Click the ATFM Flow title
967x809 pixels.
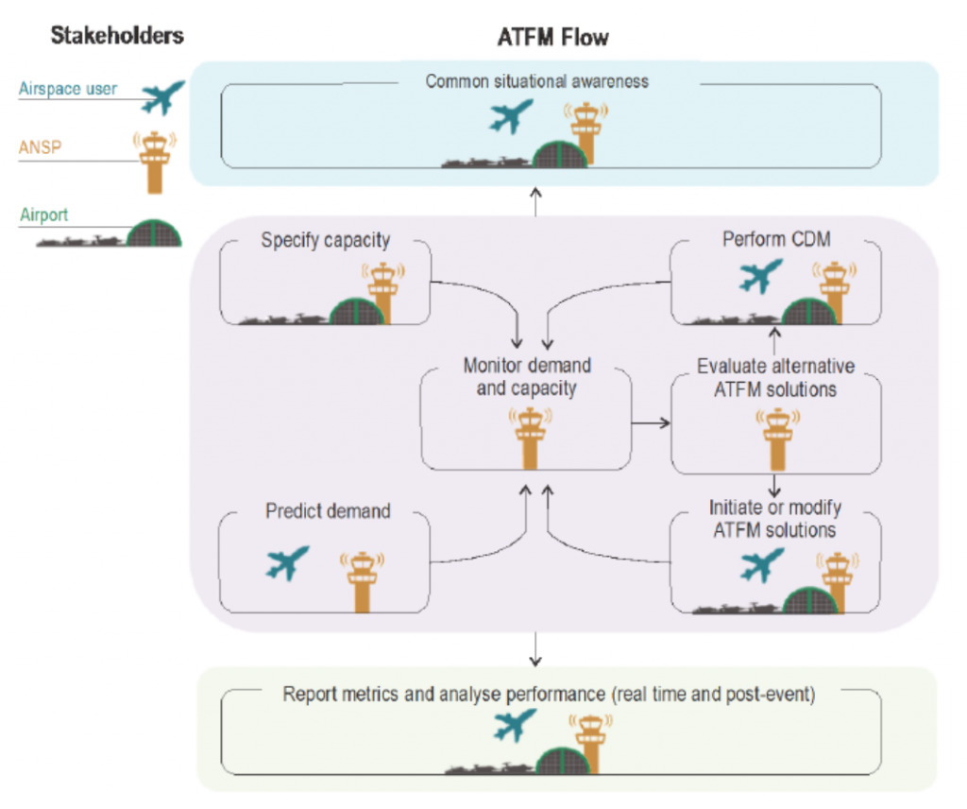[552, 38]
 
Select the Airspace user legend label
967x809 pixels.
[68, 89]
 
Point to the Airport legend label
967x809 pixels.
[44, 215]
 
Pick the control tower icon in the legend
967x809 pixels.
[154, 163]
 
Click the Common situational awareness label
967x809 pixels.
[536, 81]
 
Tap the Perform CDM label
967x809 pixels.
[776, 240]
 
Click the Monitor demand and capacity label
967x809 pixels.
[527, 375]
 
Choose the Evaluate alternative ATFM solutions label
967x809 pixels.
[776, 375]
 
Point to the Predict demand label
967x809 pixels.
[327, 511]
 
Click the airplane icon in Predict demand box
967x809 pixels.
[288, 563]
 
